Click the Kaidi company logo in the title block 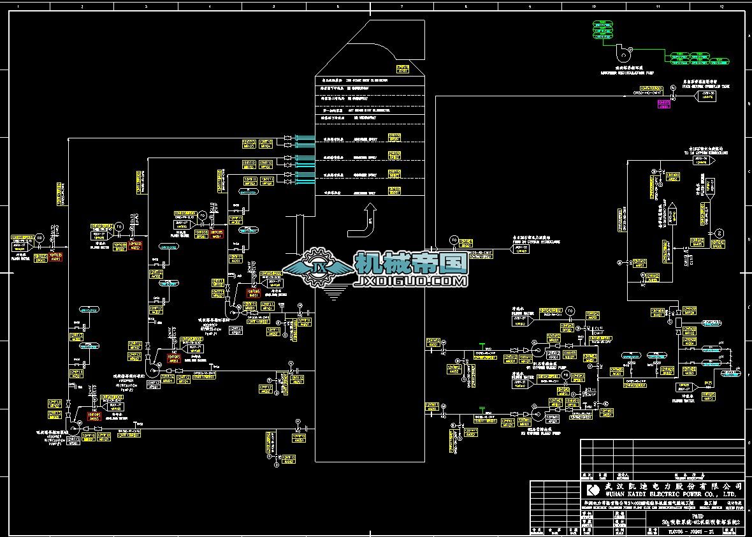pyautogui.click(x=593, y=489)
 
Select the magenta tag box pyautogui.click(x=664, y=104)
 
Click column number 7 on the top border pyautogui.click(x=401, y=6)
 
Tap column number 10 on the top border pyautogui.click(x=593, y=6)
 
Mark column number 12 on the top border pyautogui.click(x=721, y=6)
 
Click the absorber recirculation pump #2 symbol pyautogui.click(x=153, y=369)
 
